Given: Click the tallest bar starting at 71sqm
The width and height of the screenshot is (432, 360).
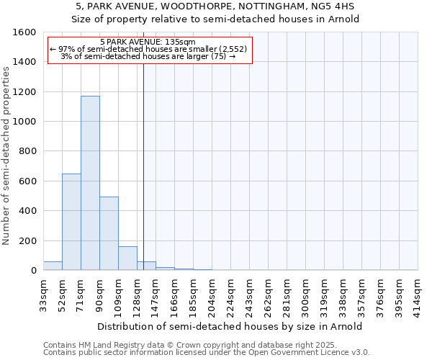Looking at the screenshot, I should click(x=90, y=183).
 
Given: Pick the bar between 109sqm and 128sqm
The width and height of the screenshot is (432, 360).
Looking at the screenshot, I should click(x=127, y=258).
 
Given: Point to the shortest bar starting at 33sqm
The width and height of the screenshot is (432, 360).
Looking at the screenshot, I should click(x=53, y=266).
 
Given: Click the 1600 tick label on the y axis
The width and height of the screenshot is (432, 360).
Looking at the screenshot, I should click(x=24, y=32).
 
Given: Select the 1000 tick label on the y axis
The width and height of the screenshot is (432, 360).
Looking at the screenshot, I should click(x=24, y=122).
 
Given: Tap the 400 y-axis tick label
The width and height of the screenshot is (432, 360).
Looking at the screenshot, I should click(x=27, y=211).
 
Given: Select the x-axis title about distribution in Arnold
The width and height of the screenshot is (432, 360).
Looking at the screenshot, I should click(x=230, y=326).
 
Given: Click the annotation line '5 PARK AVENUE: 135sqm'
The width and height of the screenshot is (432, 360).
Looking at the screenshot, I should click(x=148, y=42).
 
